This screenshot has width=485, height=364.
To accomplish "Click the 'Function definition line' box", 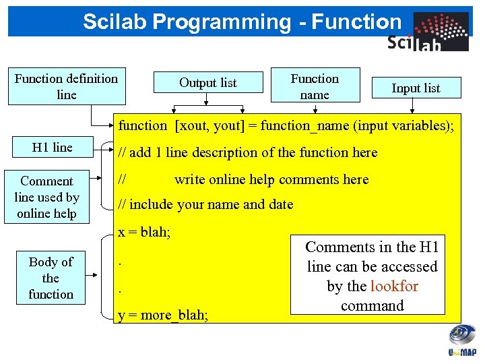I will (66, 87).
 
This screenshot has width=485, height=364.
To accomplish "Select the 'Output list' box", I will (208, 83).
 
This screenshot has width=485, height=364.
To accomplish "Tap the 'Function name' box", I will (315, 86).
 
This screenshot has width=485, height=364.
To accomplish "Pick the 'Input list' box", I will (416, 88).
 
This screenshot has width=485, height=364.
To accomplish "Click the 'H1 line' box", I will (53, 148).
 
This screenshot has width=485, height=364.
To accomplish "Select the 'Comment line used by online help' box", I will (47, 197).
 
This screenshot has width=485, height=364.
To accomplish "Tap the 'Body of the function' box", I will (51, 278).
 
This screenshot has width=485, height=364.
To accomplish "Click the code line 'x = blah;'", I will (144, 233).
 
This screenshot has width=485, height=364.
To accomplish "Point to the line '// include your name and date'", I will (206, 204).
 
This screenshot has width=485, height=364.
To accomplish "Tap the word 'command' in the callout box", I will (372, 305).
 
